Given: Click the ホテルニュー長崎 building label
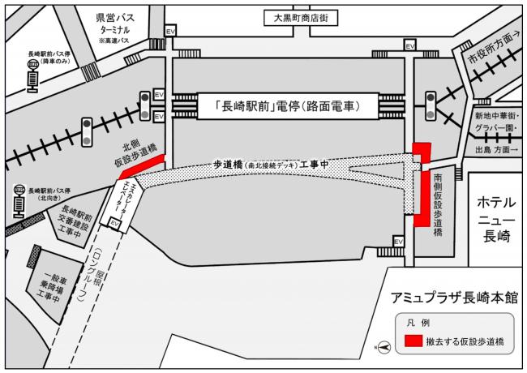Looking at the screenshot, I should [494, 217].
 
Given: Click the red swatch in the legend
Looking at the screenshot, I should [413, 341].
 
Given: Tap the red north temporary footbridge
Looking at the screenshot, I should [142, 164].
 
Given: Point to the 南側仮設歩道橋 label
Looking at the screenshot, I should [438, 203].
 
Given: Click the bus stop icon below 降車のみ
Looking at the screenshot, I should [32, 79].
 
